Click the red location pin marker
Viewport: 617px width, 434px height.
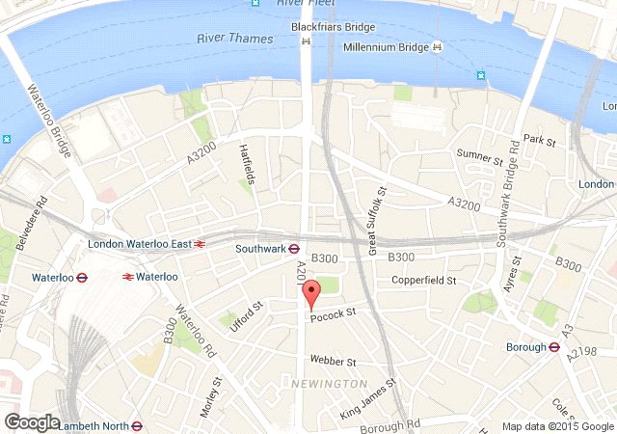click(310, 294)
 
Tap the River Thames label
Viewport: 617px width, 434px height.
click(234, 39)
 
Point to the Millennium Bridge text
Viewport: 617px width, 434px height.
click(386, 46)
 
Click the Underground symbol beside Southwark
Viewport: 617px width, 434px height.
click(294, 248)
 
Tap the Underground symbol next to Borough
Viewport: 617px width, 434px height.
click(554, 347)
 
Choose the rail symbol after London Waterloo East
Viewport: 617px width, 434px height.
click(200, 244)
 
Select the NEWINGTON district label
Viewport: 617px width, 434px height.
click(319, 384)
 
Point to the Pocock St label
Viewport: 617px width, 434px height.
click(334, 312)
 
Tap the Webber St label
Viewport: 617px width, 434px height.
click(333, 362)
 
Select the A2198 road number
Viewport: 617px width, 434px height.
click(590, 353)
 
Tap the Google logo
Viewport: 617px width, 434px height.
click(31, 421)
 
